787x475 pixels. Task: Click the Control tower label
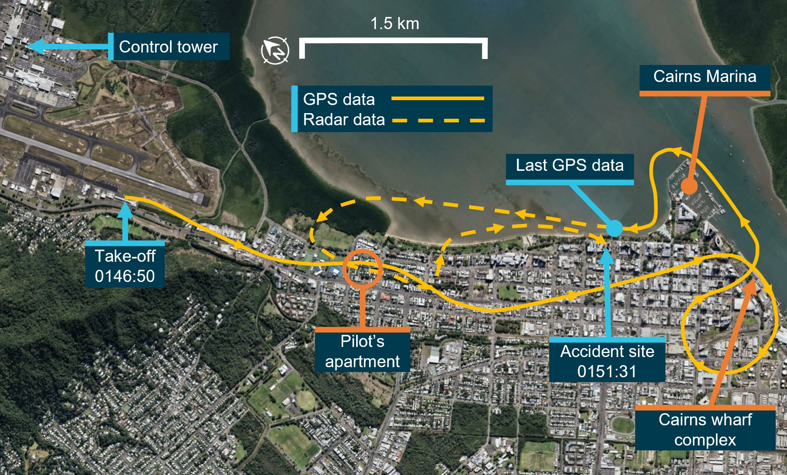pyautogui.click(x=168, y=47)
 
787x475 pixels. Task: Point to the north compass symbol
pyautogui.click(x=275, y=50)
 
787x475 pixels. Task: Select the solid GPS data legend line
pyautogui.click(x=438, y=98)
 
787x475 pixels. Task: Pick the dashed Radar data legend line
pyautogui.click(x=439, y=120)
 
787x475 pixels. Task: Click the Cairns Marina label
pyautogui.click(x=705, y=77)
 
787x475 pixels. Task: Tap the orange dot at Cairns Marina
pyautogui.click(x=689, y=186)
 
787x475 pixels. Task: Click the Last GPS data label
pyautogui.click(x=569, y=166)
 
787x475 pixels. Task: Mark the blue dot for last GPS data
pyautogui.click(x=614, y=228)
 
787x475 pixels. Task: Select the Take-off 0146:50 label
pyautogui.click(x=125, y=266)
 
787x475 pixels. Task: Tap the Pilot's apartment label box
pyautogui.click(x=362, y=351)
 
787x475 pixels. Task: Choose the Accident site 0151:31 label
pyautogui.click(x=607, y=361)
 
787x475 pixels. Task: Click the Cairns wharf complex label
pyautogui.click(x=705, y=429)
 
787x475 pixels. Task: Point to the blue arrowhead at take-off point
pyautogui.click(x=126, y=209)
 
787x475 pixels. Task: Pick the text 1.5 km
pyautogui.click(x=395, y=23)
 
